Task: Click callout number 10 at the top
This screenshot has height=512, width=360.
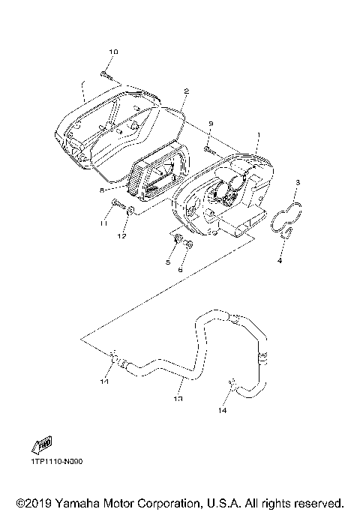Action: (x=113, y=52)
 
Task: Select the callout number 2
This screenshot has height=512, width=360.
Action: (x=185, y=91)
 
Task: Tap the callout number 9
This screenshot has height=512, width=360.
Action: (x=211, y=124)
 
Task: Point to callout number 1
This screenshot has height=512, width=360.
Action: (x=259, y=138)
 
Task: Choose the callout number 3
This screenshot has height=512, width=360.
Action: (x=298, y=182)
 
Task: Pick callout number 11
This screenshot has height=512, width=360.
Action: (x=103, y=223)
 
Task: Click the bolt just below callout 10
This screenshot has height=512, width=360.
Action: (x=106, y=73)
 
